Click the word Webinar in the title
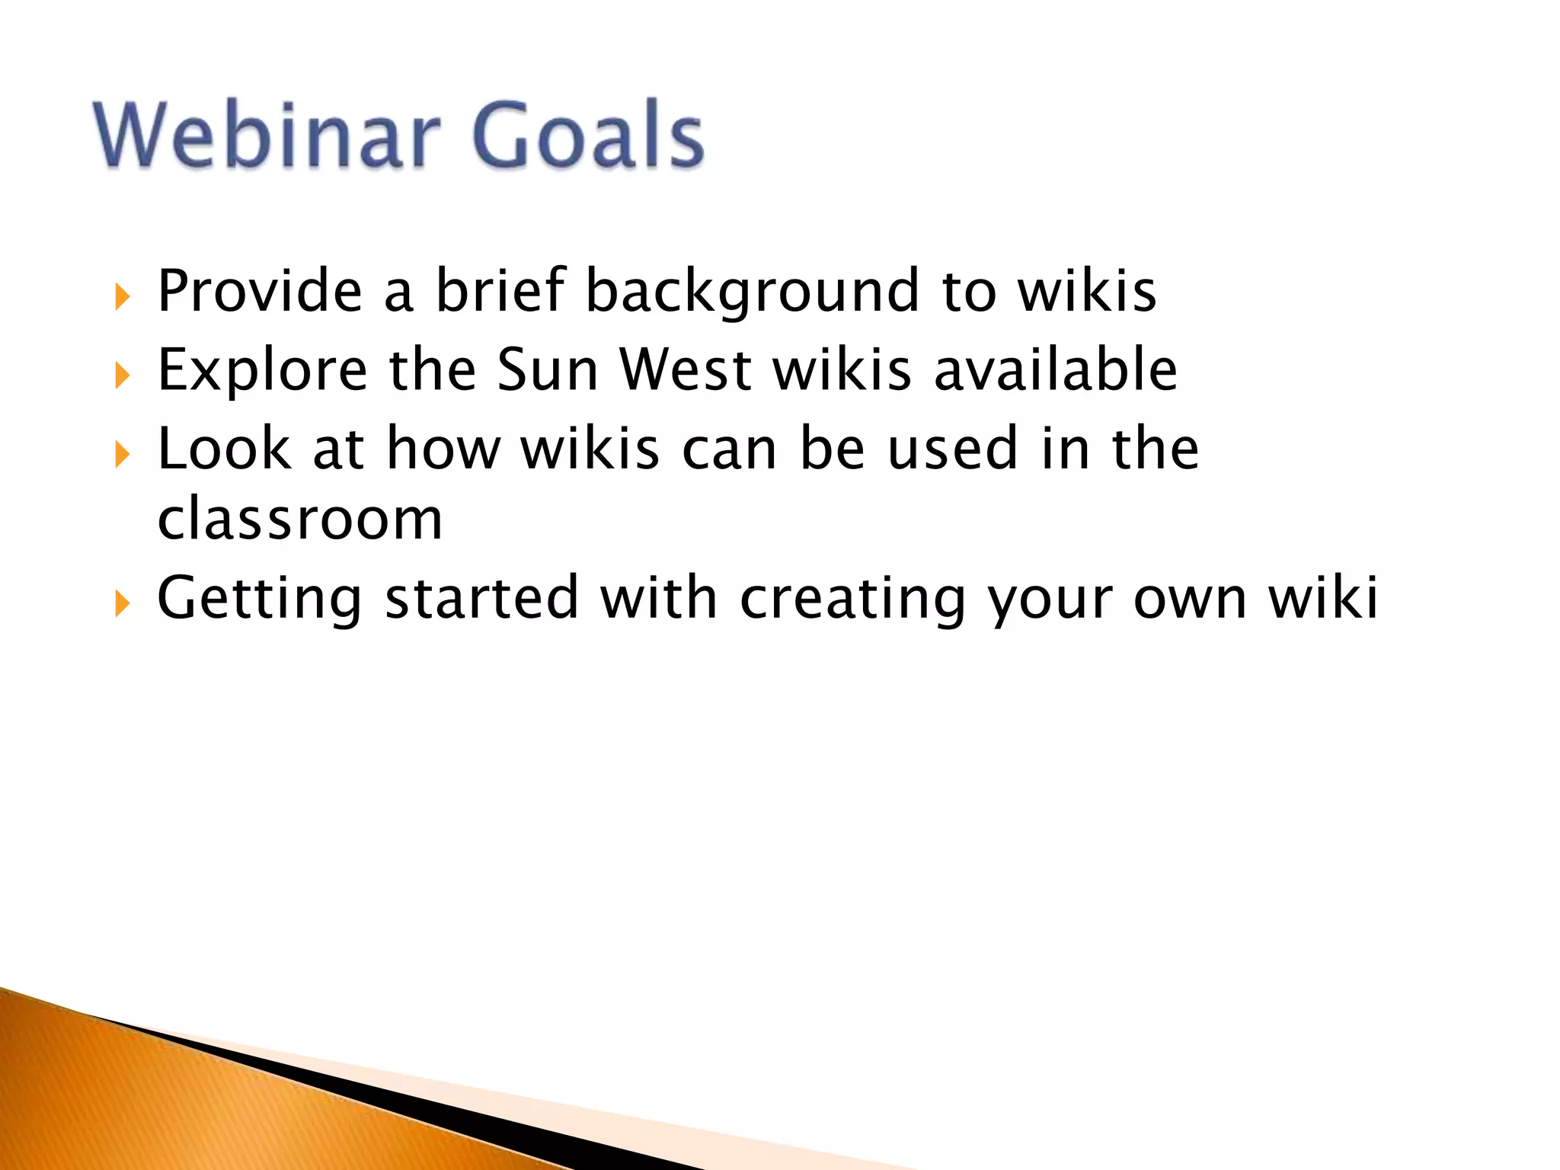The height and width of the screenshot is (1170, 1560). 267,136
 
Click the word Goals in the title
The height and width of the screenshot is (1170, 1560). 588,136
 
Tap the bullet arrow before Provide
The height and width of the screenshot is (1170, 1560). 123,296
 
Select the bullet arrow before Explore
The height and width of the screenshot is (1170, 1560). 123,375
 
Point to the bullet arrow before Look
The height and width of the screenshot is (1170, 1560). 123,454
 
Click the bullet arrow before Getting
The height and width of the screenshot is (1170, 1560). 123,603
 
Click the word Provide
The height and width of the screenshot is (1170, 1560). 260,291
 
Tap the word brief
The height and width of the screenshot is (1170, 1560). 500,291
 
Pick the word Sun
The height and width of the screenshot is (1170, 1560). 547,369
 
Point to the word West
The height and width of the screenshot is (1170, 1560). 686,369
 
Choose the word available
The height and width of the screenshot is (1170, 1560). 1055,369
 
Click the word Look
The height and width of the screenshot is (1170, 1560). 224,449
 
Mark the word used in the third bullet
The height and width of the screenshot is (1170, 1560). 953,449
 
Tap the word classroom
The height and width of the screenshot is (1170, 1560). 299,520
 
